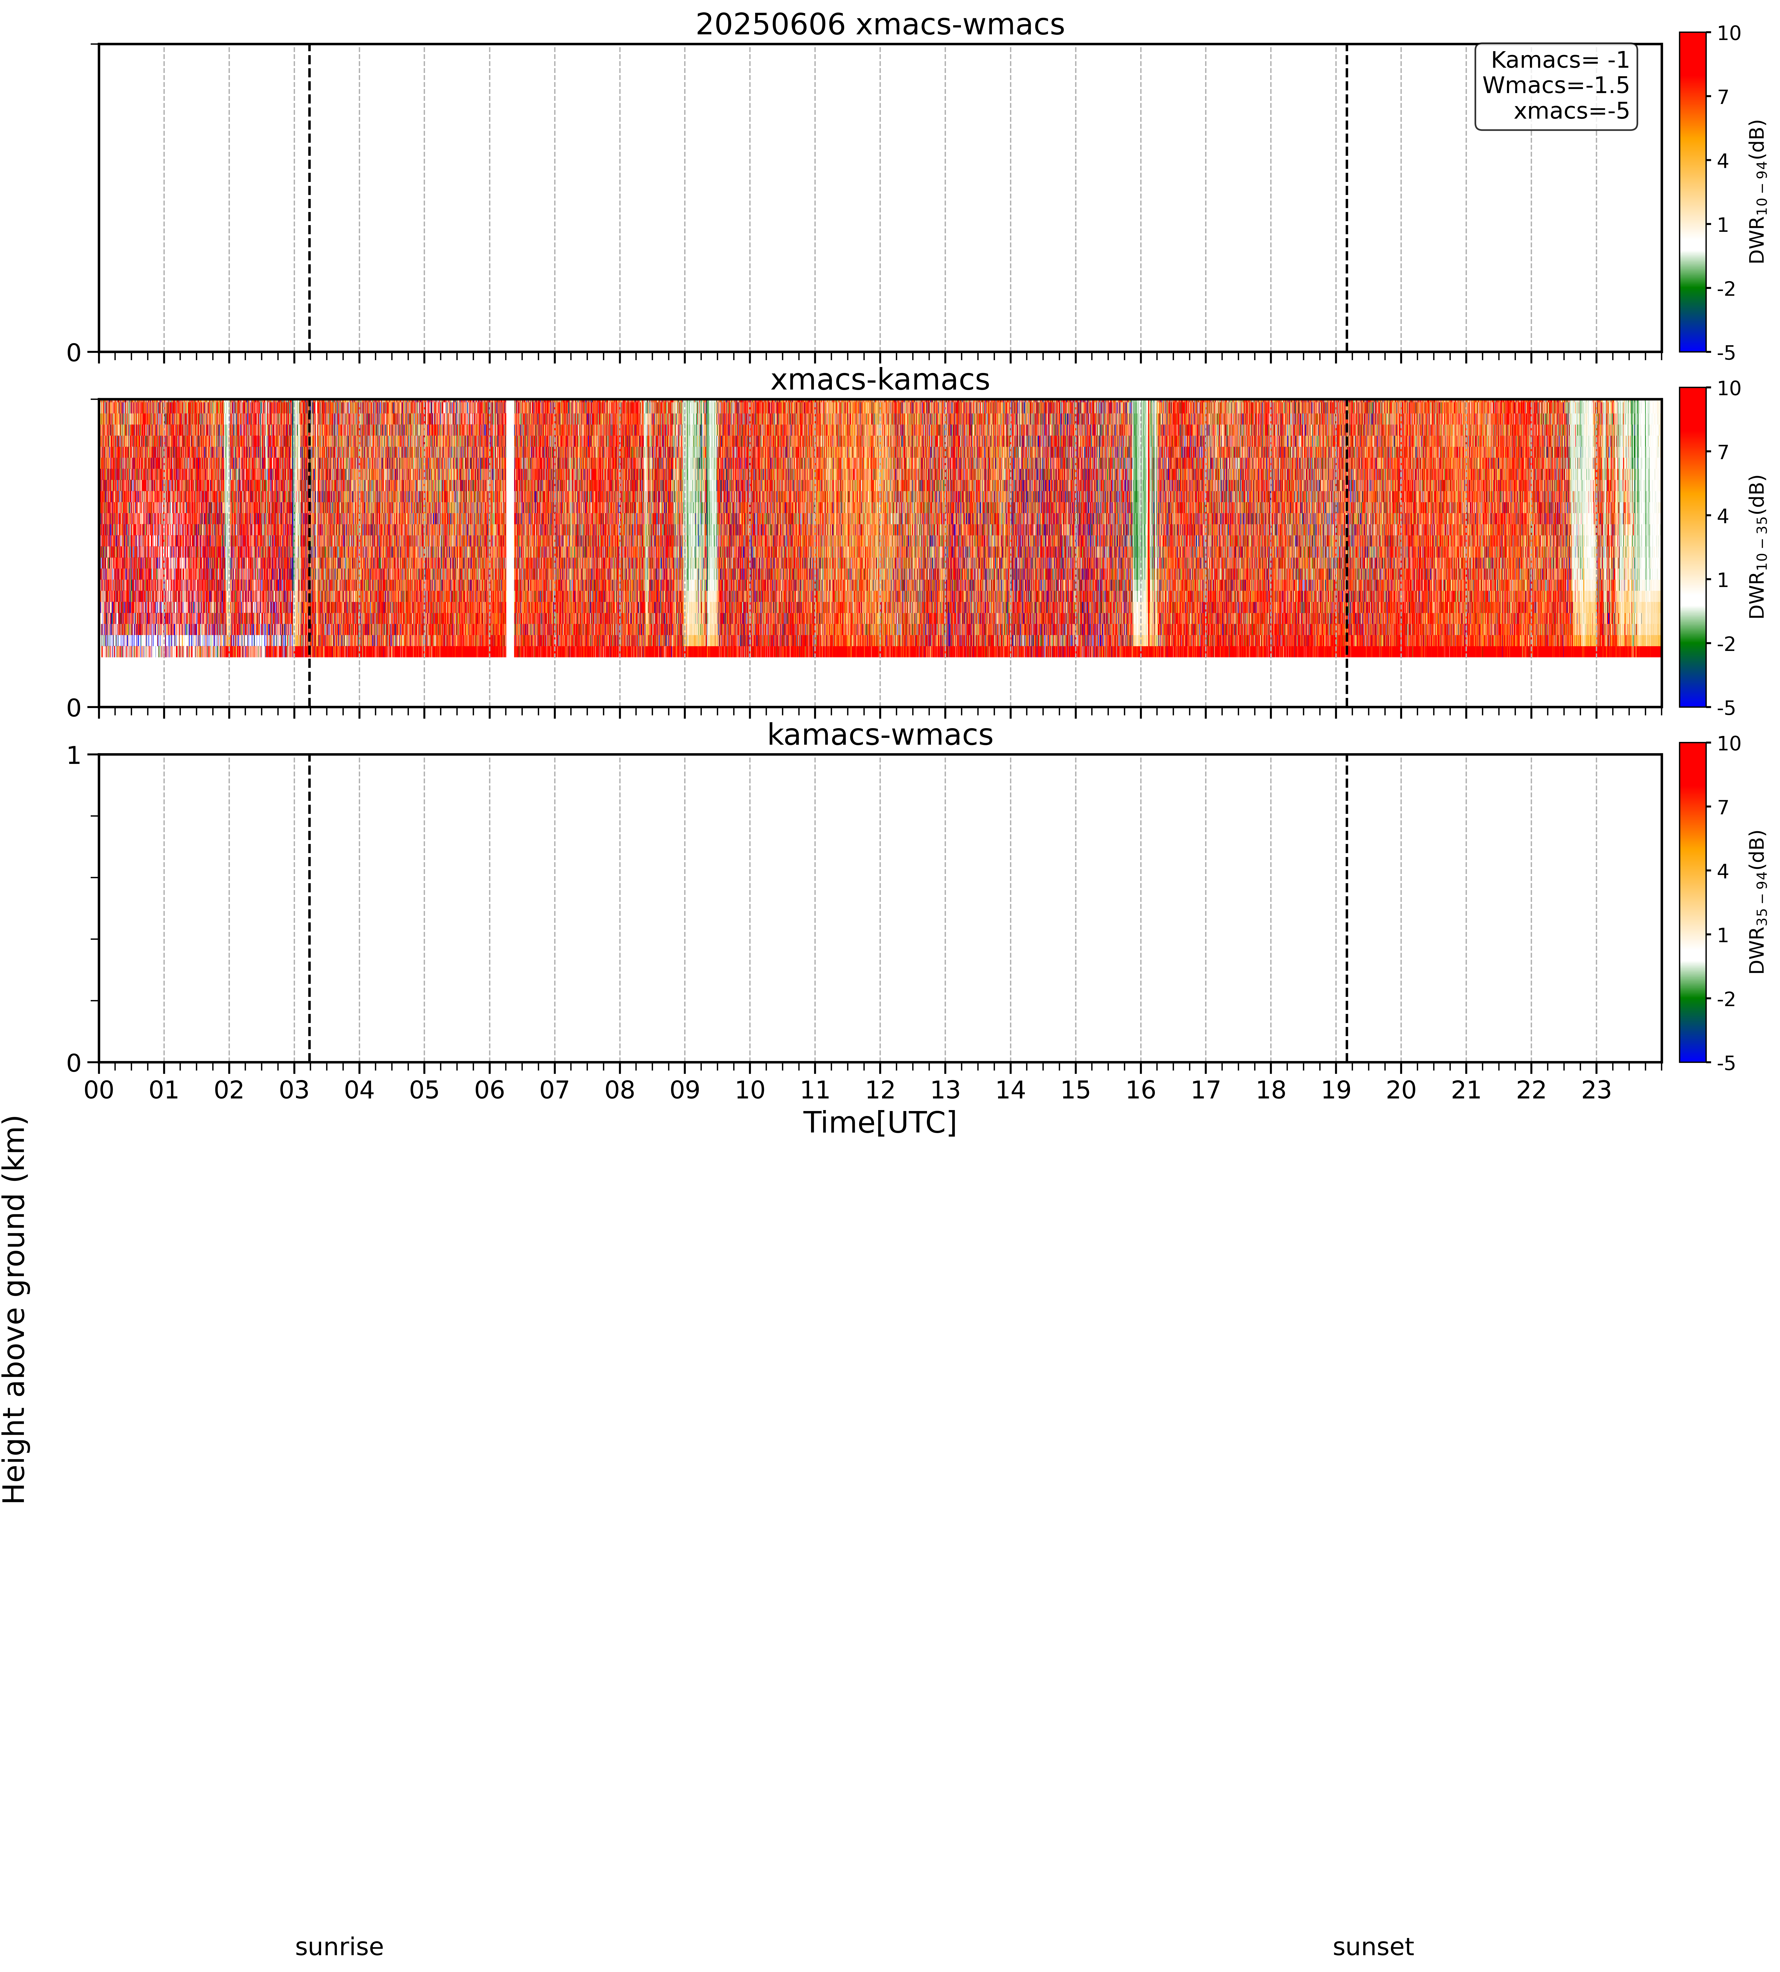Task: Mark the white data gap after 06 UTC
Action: point(510,528)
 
